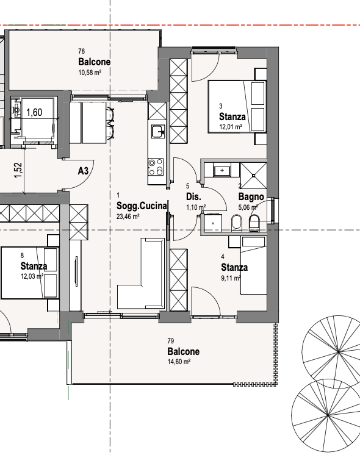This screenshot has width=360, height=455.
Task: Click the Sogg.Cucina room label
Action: [142, 206]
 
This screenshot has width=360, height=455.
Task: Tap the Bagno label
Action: [251, 197]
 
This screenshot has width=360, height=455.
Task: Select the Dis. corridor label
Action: [193, 196]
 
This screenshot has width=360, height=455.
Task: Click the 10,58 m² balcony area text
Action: [90, 72]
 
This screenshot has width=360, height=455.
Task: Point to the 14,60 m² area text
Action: [179, 362]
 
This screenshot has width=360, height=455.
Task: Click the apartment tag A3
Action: [83, 171]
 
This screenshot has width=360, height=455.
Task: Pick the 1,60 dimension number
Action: [34, 112]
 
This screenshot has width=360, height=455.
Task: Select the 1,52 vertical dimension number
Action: [18, 170]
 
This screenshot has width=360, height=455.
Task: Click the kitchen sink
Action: [158, 132]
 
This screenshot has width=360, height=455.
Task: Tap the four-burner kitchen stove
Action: [156, 167]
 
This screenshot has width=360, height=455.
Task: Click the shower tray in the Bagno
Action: [253, 176]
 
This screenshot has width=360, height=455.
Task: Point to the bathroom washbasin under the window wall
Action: [222, 170]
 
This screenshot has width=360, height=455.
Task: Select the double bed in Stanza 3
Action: [237, 107]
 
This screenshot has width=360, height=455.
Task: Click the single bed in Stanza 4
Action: [253, 265]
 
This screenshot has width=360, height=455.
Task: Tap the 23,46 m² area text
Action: [128, 217]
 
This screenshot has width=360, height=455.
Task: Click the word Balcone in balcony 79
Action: [184, 351]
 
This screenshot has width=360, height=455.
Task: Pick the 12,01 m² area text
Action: [231, 127]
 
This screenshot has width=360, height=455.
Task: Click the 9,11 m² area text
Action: [231, 278]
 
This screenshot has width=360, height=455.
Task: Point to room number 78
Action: [82, 51]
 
